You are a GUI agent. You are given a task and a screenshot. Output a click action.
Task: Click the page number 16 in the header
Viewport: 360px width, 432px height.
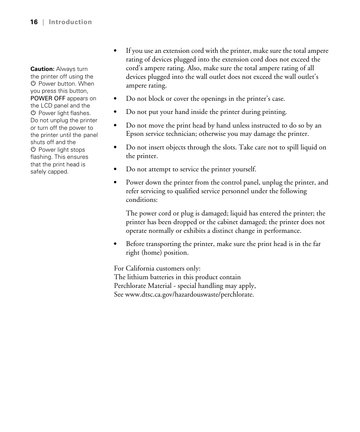pos(34,22)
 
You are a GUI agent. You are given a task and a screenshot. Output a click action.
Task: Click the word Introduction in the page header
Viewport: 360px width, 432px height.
pos(70,22)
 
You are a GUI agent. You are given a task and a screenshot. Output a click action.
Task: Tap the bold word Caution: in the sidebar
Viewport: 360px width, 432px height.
pos(42,69)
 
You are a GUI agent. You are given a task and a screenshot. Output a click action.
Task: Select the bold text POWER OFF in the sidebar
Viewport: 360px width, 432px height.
pos(48,98)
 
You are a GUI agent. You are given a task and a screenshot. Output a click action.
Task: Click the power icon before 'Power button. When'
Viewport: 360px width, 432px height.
pos(33,84)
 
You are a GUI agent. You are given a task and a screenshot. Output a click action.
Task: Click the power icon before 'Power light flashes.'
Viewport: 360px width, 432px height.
pos(33,113)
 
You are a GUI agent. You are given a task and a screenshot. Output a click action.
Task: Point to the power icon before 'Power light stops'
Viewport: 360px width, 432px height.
pos(33,150)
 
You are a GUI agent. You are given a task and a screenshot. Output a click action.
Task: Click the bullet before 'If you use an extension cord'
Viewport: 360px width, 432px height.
pos(116,51)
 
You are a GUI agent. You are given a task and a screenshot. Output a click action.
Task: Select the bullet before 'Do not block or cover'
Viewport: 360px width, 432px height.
pos(116,99)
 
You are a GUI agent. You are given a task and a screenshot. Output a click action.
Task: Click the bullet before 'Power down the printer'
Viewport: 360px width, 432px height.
pos(116,183)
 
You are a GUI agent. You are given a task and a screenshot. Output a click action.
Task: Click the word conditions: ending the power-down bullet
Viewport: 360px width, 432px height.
pos(142,200)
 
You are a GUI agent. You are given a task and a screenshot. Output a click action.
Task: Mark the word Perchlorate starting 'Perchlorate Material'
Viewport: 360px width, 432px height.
pos(130,286)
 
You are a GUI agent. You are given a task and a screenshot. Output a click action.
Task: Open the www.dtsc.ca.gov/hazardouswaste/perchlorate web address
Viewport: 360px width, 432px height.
pos(189,294)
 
